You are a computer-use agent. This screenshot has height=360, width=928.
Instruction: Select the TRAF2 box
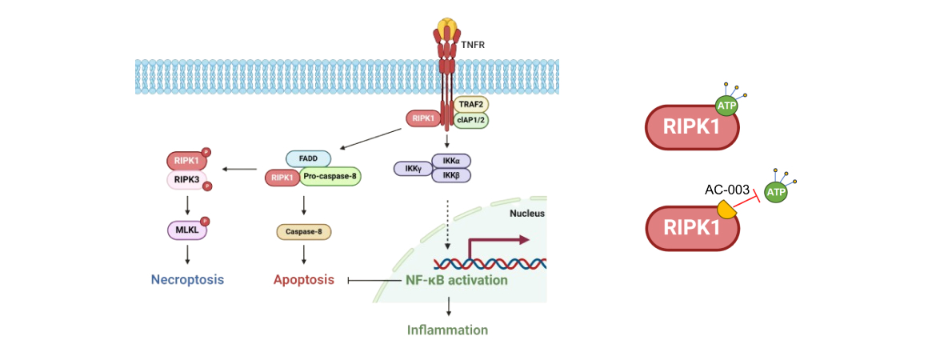point(470,105)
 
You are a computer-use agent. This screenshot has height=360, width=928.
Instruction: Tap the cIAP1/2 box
point(470,120)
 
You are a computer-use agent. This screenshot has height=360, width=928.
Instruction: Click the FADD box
point(308,159)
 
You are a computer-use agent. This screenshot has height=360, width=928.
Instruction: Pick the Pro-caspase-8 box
point(330,177)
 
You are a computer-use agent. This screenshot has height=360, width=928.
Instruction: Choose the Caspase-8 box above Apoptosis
point(303,232)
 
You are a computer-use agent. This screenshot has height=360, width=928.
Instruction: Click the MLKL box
point(186,231)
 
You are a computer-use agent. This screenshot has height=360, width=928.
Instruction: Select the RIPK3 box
point(186,180)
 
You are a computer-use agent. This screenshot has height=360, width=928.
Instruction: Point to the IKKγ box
point(411,169)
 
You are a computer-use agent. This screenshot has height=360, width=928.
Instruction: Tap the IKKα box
point(451,161)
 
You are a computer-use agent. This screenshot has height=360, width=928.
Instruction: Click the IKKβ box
point(451,175)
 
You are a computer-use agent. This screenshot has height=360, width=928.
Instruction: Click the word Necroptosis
point(187,280)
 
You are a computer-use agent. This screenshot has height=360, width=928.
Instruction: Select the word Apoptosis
point(304,280)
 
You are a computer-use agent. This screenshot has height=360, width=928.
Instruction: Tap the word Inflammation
point(447,330)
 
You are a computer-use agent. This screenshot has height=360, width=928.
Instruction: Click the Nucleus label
point(526,214)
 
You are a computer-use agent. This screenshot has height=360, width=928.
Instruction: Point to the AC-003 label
point(726,190)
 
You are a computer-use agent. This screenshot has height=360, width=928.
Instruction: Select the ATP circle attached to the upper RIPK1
point(726,106)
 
